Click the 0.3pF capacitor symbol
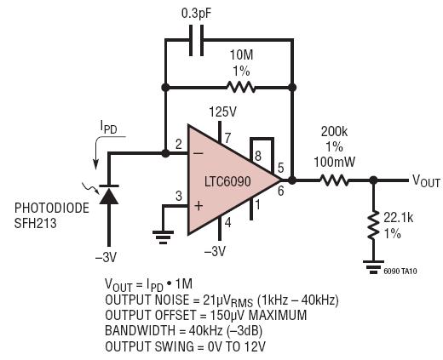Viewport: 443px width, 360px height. click(x=196, y=40)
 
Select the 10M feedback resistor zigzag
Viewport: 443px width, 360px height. click(x=241, y=87)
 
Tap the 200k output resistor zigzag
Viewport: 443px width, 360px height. click(x=335, y=180)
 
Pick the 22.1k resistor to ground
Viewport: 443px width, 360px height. click(x=374, y=225)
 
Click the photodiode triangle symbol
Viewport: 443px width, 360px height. click(x=109, y=195)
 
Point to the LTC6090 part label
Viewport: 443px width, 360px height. click(x=227, y=181)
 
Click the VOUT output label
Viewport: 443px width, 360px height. click(x=426, y=180)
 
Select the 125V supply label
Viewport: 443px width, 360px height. click(x=223, y=112)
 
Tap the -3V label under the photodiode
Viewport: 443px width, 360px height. click(x=106, y=258)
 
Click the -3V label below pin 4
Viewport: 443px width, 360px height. click(x=215, y=251)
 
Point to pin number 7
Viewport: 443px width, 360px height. click(x=227, y=139)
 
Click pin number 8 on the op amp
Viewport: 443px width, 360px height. click(x=258, y=156)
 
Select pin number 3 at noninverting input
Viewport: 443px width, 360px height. click(x=179, y=196)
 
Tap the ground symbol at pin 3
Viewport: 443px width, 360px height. click(x=163, y=237)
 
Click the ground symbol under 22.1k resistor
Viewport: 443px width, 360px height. click(x=374, y=267)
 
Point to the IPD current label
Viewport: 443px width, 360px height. click(x=109, y=127)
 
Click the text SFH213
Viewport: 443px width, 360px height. click(x=36, y=224)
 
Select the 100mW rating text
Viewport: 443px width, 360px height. click(x=335, y=162)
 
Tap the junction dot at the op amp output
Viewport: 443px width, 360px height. click(x=292, y=180)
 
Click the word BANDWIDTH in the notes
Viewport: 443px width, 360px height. click(x=140, y=330)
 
